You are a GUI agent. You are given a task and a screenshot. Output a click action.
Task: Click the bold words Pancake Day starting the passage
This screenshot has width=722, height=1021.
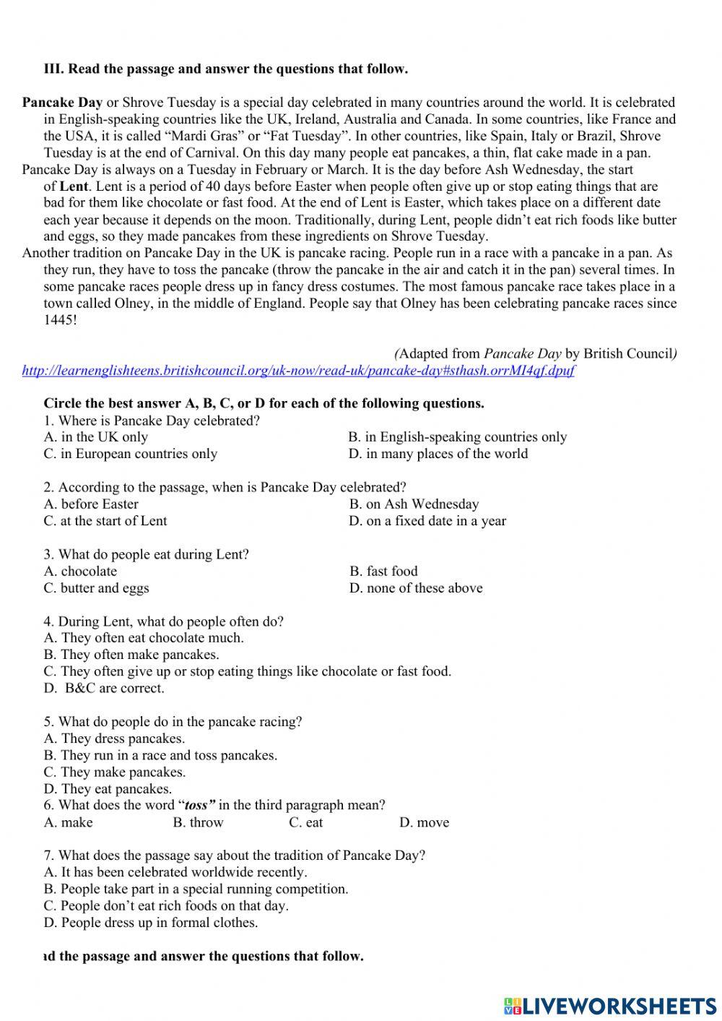point(62,103)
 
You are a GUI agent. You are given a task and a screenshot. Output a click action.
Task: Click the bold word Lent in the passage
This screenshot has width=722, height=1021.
point(74,186)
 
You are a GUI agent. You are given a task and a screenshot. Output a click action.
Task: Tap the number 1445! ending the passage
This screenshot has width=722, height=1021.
point(60,320)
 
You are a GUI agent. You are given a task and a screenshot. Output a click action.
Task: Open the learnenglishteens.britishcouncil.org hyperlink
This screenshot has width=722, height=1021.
point(298,371)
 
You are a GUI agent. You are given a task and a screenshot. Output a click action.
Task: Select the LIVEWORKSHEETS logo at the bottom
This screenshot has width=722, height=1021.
point(610,1005)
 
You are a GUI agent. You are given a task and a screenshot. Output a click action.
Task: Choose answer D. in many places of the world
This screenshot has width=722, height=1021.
point(438,454)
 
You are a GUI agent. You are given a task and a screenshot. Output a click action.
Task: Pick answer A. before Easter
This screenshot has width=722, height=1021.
point(91,504)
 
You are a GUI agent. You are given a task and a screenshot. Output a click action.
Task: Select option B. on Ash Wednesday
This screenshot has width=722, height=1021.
point(414,504)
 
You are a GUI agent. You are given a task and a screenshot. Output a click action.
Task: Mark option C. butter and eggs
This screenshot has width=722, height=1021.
point(96,588)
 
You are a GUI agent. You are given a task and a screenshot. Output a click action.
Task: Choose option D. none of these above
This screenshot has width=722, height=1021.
point(416,588)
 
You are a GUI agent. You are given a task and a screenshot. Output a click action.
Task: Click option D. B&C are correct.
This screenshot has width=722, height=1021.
point(104,689)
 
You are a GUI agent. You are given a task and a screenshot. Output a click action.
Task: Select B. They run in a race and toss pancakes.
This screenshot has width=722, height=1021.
point(160,756)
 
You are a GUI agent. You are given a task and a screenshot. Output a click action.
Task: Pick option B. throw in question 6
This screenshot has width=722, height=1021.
point(199,823)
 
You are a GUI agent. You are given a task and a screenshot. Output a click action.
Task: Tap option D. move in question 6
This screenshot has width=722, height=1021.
point(424,823)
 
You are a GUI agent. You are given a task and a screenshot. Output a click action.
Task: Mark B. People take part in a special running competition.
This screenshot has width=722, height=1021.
point(196,889)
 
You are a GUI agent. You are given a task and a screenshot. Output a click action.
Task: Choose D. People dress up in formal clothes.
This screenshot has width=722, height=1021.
point(151,923)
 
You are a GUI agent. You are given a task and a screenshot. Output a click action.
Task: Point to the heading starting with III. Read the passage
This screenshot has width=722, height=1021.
point(226,69)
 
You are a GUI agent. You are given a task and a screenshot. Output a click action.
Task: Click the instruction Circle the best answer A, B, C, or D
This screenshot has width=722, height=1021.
point(264,404)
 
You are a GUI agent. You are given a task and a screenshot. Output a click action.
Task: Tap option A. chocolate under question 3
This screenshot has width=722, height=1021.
point(80,572)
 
